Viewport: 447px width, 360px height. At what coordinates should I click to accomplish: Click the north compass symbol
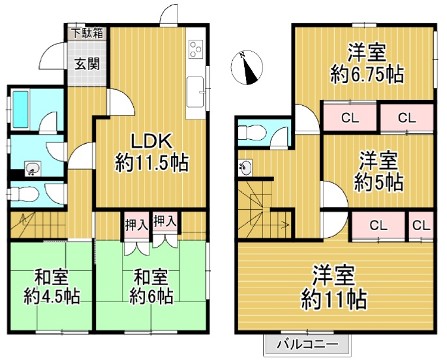(247, 70)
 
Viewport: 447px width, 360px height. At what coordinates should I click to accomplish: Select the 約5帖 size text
(381, 182)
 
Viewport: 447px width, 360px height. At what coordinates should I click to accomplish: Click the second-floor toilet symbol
(256, 132)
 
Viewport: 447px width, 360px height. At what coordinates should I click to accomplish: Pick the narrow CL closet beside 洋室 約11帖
(420, 225)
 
